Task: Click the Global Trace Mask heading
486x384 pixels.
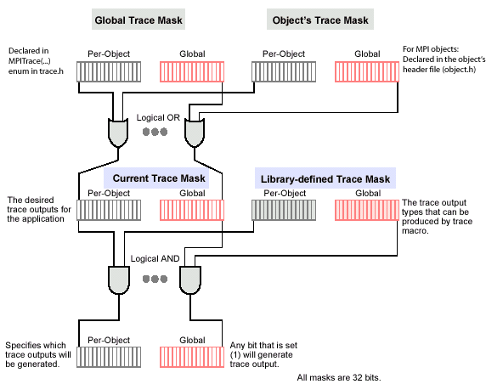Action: point(138,20)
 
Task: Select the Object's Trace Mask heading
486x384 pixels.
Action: point(320,20)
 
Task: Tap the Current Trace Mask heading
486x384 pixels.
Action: point(159,178)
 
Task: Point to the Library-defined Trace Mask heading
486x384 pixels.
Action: point(325,179)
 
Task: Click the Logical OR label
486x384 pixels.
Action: point(158,118)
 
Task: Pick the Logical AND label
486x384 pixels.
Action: point(155,258)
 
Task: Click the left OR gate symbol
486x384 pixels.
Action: point(118,133)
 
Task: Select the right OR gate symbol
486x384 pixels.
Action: point(195,133)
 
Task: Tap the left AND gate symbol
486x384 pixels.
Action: point(119,280)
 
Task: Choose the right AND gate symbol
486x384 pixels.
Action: point(190,280)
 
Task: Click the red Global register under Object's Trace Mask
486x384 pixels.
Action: point(367,72)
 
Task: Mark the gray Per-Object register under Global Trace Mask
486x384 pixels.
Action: point(109,72)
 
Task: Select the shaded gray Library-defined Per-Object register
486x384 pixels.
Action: point(284,210)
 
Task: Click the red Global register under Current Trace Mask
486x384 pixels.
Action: point(192,210)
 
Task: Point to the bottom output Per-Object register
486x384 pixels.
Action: point(109,357)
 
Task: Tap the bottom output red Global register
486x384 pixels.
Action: point(192,357)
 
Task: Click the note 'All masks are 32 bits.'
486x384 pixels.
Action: point(339,377)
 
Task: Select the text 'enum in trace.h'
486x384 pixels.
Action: point(36,71)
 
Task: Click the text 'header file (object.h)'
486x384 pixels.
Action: point(439,69)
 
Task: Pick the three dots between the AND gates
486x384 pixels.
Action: point(155,279)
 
